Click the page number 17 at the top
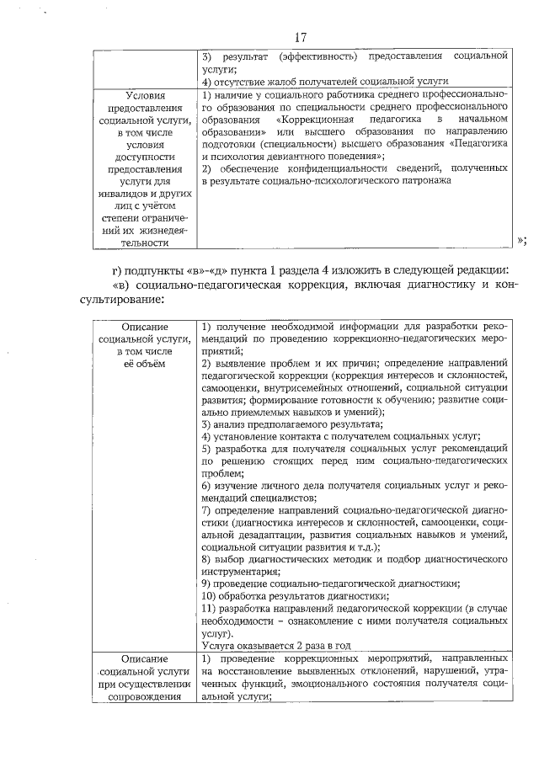pyautogui.click(x=302, y=37)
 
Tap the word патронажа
pyautogui.click(x=417, y=181)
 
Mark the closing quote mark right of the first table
pyautogui.click(x=520, y=239)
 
